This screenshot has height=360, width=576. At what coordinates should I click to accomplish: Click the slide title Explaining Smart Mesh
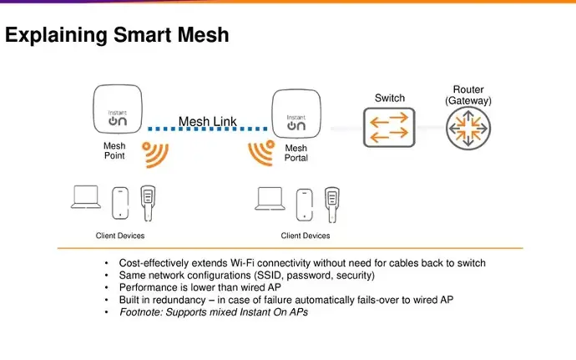[x=118, y=36]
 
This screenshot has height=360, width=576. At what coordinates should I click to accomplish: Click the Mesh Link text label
[x=207, y=122]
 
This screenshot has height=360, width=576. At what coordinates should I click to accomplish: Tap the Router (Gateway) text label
[x=467, y=95]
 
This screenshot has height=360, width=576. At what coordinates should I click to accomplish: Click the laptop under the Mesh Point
[x=85, y=198]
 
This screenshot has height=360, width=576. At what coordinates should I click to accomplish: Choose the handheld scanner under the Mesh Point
[x=149, y=201]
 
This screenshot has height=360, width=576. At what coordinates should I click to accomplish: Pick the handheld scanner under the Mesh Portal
[x=333, y=201]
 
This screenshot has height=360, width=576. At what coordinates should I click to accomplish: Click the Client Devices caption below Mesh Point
[x=120, y=236]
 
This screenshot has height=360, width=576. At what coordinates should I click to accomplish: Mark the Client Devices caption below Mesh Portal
[x=306, y=236]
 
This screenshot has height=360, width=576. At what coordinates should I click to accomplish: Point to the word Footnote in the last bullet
[x=141, y=312]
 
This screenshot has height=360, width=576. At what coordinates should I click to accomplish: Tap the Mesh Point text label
[x=114, y=151]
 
